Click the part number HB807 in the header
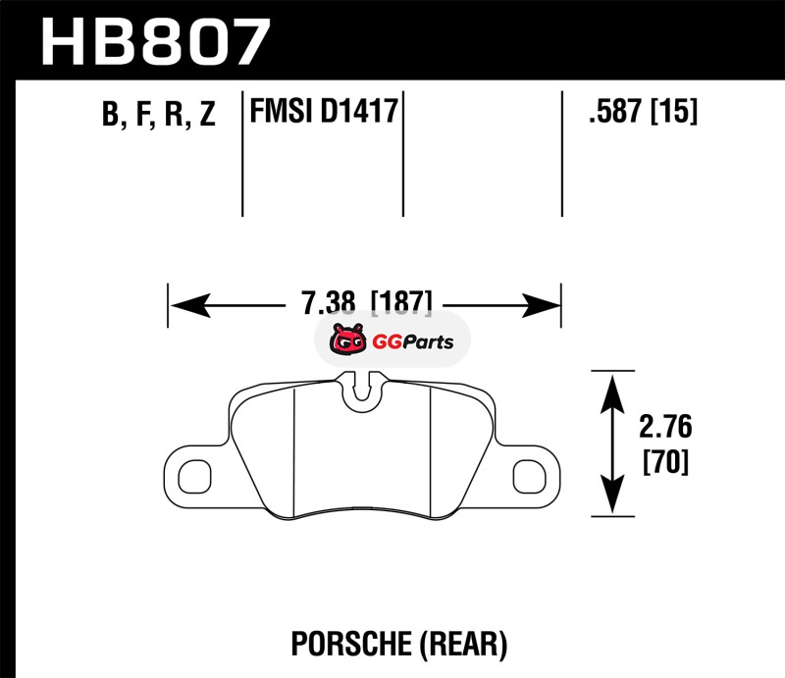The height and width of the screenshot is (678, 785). pos(156,42)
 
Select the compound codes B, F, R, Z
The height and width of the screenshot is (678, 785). pos(159,114)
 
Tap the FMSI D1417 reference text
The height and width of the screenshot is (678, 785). pos(324,111)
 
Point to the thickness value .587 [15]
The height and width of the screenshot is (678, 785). pos(643,111)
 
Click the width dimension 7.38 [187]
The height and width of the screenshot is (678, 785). pos(366,302)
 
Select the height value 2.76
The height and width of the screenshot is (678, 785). pos(665,427)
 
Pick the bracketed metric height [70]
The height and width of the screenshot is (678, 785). pos(665,462)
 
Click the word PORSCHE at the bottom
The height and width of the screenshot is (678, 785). pos(350,644)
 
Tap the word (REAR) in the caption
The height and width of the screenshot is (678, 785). pos(462,644)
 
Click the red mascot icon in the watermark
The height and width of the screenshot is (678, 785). pos(347,339)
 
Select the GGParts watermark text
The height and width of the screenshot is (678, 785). pos(412,342)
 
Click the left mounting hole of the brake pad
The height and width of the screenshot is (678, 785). pos(194,476)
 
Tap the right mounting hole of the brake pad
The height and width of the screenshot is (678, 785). pos(529,476)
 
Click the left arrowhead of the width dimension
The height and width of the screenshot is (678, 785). pos(190,305)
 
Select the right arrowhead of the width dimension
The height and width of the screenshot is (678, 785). pos(541,305)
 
